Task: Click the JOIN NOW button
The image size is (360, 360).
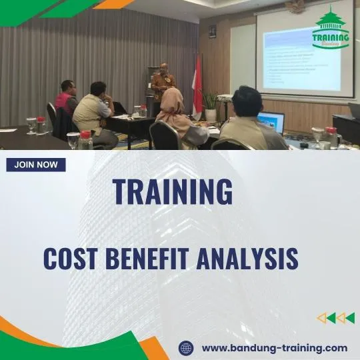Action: (36, 165)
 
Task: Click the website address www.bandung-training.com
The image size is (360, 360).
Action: (274, 347)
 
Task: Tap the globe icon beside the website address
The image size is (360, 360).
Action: (187, 347)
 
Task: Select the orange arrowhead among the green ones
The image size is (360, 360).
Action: (322, 318)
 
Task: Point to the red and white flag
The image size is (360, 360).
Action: (197, 83)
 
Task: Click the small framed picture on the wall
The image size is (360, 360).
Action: (212, 31)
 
